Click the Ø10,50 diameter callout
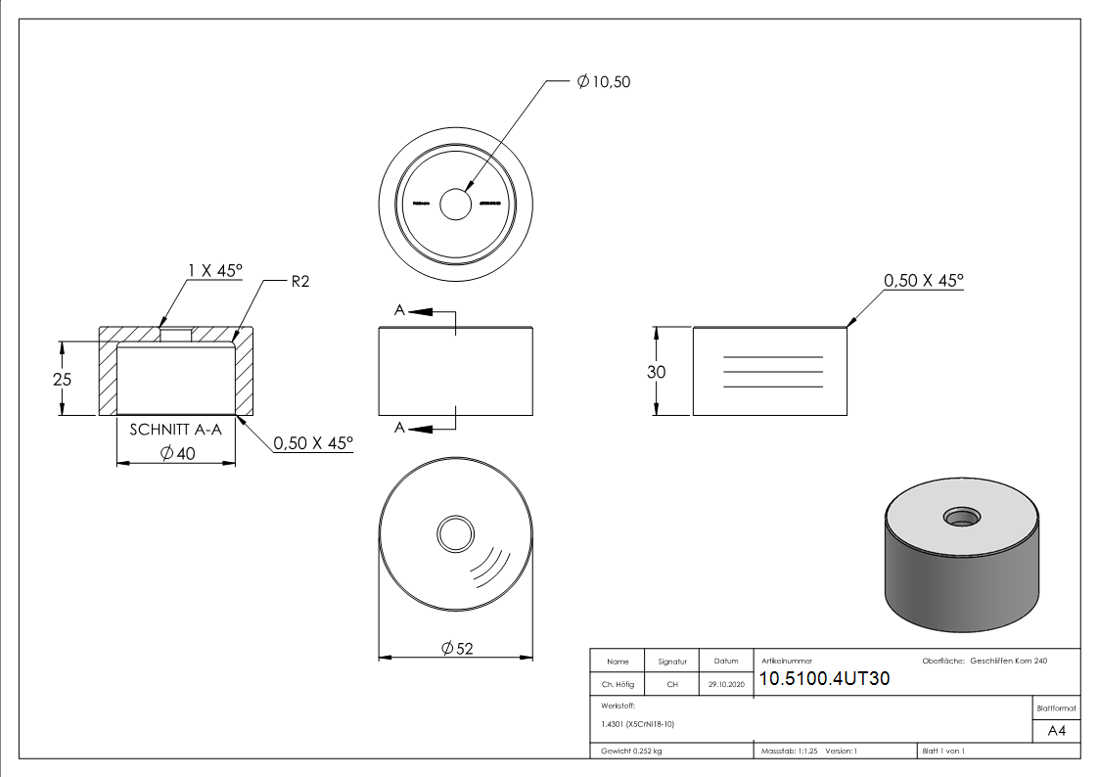[604, 82]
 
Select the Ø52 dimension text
[457, 649]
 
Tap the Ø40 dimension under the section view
[177, 453]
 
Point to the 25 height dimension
[62, 379]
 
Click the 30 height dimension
[656, 372]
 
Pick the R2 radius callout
[300, 282]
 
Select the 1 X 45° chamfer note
[215, 270]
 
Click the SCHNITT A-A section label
[175, 430]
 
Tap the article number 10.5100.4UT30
[824, 678]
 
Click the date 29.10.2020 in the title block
[726, 684]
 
